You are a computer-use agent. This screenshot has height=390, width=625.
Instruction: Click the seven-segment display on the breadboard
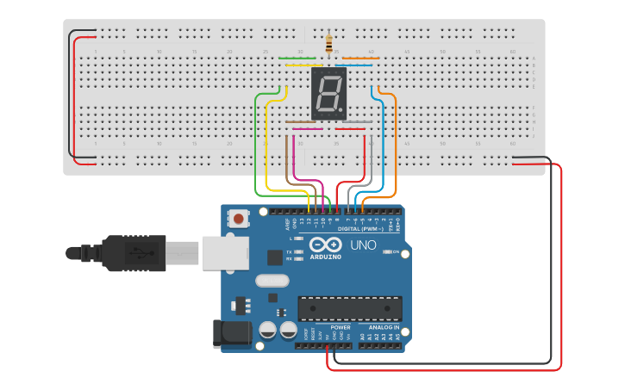coord(328,94)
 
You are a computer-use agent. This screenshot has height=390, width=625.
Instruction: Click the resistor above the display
coord(328,42)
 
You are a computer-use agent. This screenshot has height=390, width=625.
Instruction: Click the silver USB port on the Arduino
coord(225,254)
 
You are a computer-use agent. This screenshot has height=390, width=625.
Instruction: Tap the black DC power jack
coord(230,333)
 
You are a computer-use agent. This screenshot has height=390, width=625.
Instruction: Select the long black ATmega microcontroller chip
coord(349,308)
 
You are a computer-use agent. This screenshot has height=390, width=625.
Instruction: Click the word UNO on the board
coord(362,245)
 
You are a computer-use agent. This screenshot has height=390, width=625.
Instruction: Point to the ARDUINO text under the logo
coord(326,257)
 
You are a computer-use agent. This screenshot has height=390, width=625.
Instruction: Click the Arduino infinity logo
coord(326,245)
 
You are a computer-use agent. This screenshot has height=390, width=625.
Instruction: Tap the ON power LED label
coord(396,252)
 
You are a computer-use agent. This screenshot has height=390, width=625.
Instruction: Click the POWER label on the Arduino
coord(341,327)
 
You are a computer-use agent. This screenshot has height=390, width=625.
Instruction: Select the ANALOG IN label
coord(384,327)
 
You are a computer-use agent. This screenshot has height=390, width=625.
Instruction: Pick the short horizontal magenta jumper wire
coord(308,129)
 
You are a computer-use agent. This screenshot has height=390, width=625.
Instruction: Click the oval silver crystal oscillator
coord(272,280)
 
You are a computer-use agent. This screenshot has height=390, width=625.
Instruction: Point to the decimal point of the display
coord(342,112)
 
